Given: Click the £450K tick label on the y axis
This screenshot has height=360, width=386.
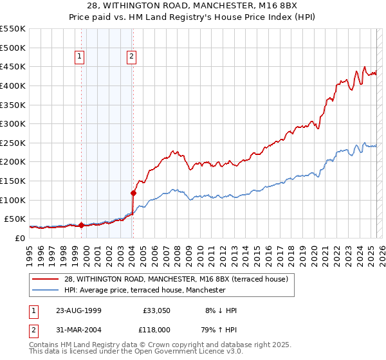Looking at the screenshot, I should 13,67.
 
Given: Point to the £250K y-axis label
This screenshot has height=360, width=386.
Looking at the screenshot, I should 13,143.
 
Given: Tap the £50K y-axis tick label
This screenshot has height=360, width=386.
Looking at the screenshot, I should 15,219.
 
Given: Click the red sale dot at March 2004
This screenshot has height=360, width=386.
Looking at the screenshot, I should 133,192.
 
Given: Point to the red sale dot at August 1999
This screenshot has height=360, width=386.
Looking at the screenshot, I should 82,225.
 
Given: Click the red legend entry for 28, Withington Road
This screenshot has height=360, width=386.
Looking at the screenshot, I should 179,279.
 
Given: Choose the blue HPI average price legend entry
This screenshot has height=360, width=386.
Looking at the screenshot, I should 145,290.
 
